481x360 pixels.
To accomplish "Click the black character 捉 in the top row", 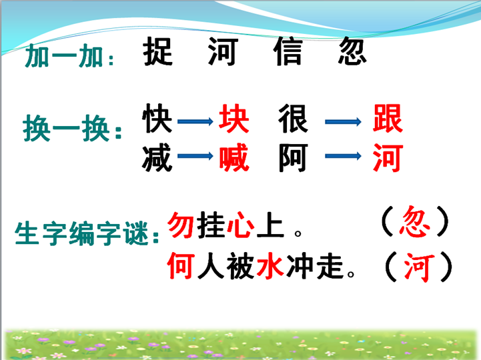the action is coord(158,51).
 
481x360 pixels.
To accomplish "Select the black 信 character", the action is coord(288,51).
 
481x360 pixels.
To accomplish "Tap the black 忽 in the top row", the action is coord(352,51).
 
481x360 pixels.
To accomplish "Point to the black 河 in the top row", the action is coord(223,51).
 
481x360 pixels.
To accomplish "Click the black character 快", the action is coord(157,119).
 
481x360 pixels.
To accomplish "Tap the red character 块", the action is coord(233,119).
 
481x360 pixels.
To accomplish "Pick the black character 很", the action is coord(293,119).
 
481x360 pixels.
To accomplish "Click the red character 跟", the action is coord(388,119).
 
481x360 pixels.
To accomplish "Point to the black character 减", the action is coord(157,157).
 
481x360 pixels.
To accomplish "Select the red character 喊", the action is coord(234,157).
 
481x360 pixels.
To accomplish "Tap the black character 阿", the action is coord(293,157).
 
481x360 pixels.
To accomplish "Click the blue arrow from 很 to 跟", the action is coord(344,122).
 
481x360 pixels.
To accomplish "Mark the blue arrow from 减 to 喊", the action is coord(195,156).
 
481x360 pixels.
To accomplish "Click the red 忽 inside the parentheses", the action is coord(415,221).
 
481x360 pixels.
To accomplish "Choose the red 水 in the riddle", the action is coord(270,265).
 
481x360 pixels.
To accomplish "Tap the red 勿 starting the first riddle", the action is coord(181,225).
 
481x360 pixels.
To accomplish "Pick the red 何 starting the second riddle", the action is coord(181,265).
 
